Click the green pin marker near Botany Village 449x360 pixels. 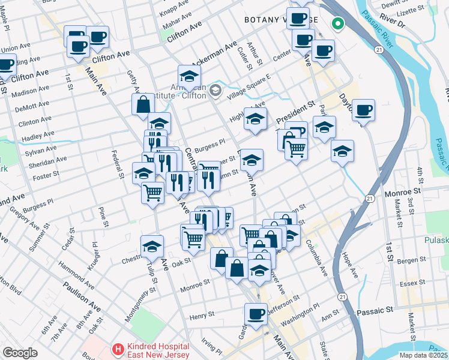(x=338, y=25)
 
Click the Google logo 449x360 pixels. (x=20, y=352)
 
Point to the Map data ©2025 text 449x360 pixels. (x=423, y=355)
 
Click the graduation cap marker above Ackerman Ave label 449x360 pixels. (x=189, y=76)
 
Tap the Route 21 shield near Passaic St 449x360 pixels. (x=342, y=297)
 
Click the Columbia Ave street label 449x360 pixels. (x=316, y=259)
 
